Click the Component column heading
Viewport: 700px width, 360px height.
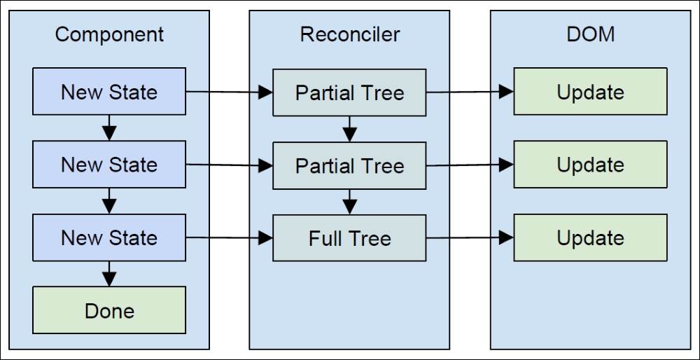point(109,35)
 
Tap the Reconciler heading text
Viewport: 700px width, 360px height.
point(349,34)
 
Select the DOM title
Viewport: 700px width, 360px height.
point(590,34)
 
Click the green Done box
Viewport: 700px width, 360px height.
point(109,310)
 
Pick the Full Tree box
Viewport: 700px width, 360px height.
point(349,238)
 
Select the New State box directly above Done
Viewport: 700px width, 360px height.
point(109,237)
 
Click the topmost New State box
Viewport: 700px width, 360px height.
point(109,92)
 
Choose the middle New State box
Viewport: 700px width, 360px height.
point(109,165)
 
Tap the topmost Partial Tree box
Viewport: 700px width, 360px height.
point(349,92)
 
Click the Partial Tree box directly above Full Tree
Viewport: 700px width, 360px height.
point(349,166)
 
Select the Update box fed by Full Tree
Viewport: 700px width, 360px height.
point(590,237)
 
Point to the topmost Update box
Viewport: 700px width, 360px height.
point(590,92)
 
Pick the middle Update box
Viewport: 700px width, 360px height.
point(590,165)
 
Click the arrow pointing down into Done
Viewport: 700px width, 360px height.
point(109,274)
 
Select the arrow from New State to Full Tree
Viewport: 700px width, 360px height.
point(230,237)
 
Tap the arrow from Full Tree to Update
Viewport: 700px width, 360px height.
point(470,237)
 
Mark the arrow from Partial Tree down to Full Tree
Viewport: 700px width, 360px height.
point(349,202)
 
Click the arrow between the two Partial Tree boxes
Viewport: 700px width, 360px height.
point(349,129)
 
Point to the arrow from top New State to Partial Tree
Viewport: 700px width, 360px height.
point(230,92)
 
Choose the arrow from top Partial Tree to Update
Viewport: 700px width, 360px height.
point(470,92)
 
